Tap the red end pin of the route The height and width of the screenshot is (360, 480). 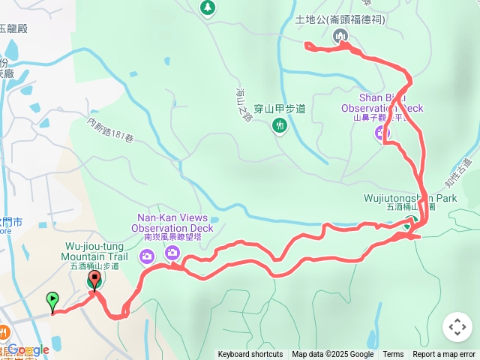[x=94, y=282]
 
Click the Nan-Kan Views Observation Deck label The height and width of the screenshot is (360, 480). [x=172, y=223]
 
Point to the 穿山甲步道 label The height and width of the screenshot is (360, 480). [x=280, y=109]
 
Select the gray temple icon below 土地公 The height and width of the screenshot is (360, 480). [x=341, y=34]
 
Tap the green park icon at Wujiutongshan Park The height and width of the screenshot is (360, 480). [x=409, y=222]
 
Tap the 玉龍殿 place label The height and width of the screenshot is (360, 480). [x=13, y=28]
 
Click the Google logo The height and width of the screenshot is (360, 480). [x=28, y=349]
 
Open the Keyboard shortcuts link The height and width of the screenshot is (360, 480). [x=250, y=355]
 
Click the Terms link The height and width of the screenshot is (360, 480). [x=393, y=355]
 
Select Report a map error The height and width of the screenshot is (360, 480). [x=444, y=355]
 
